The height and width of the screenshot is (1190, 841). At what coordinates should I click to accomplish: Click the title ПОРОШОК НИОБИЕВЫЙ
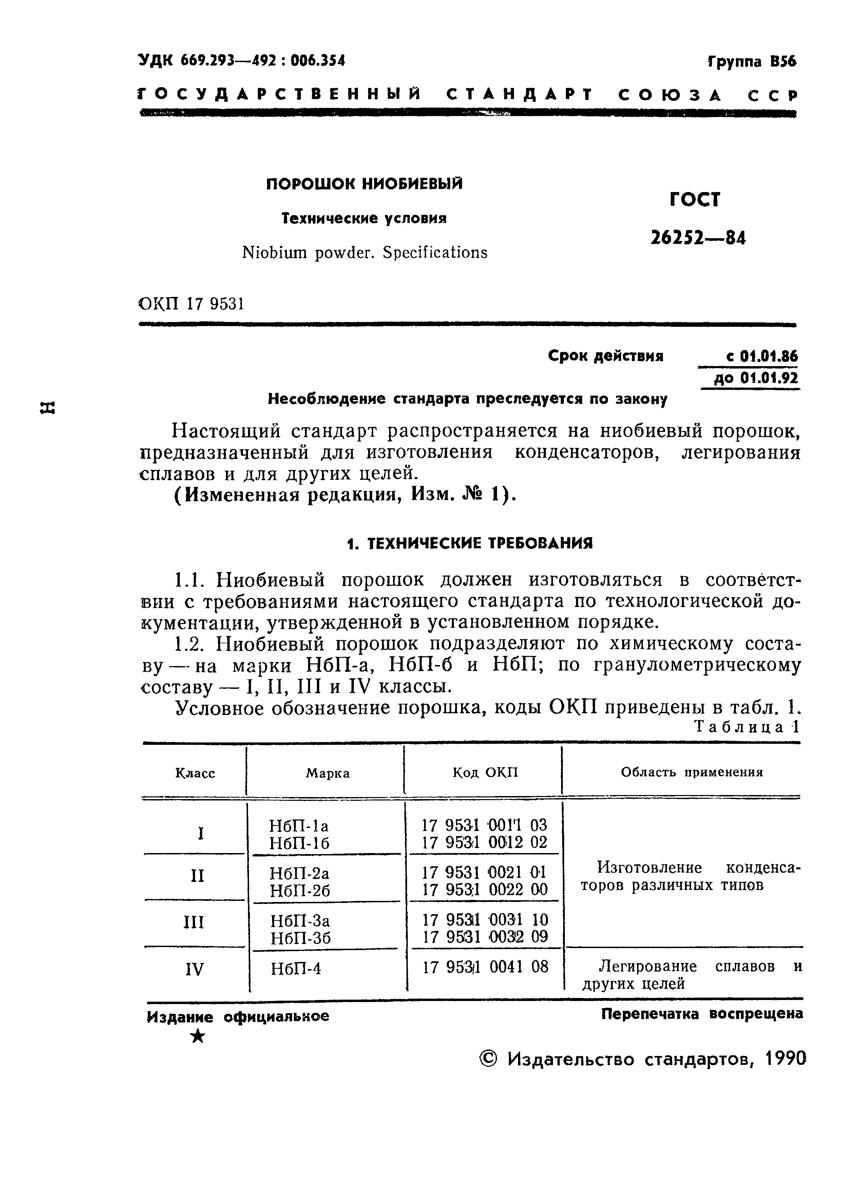[x=364, y=184]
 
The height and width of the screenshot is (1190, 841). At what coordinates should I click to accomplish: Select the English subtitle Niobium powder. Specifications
[x=365, y=253]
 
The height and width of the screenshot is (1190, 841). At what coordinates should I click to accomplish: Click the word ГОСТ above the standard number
[x=695, y=200]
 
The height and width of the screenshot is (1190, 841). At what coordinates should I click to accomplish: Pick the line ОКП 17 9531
[x=192, y=304]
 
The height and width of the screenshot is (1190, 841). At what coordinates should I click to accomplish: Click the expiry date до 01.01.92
[x=756, y=378]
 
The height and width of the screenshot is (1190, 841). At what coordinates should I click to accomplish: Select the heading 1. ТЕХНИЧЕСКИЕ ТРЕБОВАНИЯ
[x=469, y=543]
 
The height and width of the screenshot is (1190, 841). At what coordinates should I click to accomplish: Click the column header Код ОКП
[x=485, y=773]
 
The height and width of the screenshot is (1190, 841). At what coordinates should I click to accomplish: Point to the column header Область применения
[x=691, y=772]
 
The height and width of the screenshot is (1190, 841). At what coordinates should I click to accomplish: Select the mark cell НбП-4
[x=296, y=968]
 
